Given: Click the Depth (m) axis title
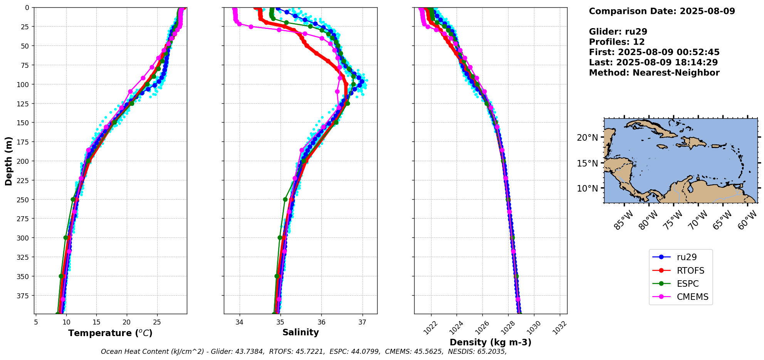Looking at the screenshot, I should pos(8,161).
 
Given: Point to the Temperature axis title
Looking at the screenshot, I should pos(110,333).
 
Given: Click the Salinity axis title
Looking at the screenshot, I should pos(301,333).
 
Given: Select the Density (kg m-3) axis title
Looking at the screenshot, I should pos(490,342).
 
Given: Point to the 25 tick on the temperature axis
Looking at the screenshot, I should pos(157,322).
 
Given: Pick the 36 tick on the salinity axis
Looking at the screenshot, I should pos(321,322).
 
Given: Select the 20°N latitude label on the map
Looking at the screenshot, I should pos(587,138).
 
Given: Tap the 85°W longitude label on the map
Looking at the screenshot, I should pos(623,220).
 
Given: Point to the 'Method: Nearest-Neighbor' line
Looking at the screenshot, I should pos(654,73).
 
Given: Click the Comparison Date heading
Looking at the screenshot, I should pos(662,11).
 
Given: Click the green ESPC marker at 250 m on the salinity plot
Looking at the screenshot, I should pos(285,199).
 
